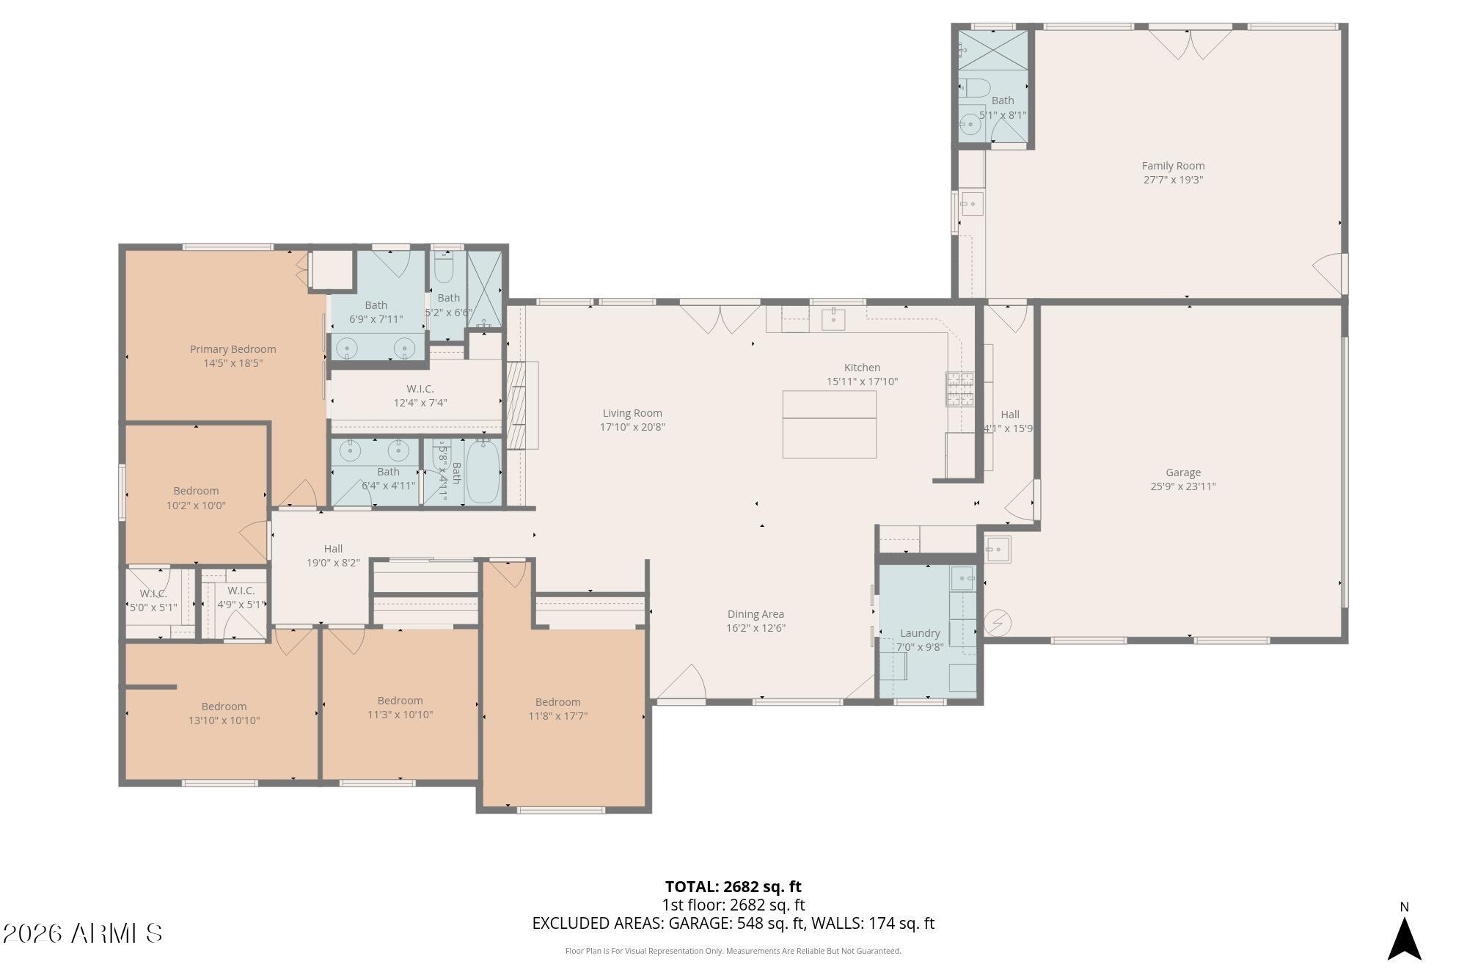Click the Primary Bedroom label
(233, 349)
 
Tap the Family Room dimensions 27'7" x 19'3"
(1173, 180)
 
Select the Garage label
(1182, 472)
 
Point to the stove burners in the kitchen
(959, 390)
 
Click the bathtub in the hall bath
(483, 472)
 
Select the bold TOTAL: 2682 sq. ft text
(733, 886)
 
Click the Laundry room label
(920, 633)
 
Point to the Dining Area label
(756, 614)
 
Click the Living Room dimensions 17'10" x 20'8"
(632, 427)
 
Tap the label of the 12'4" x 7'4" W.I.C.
(420, 389)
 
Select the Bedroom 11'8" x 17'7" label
(557, 702)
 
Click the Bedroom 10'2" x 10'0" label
(196, 491)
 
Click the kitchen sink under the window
(833, 319)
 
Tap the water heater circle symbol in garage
(998, 623)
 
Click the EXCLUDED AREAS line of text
(733, 924)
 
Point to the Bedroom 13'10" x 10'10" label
(224, 707)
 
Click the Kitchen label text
(862, 368)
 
